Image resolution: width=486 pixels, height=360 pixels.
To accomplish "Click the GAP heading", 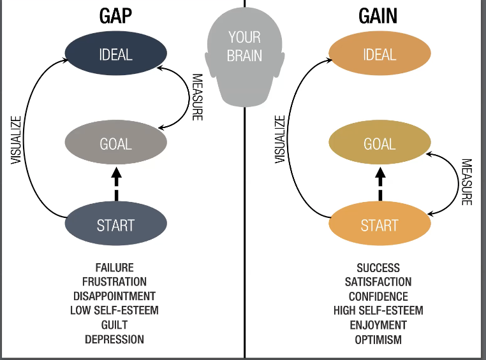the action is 115,16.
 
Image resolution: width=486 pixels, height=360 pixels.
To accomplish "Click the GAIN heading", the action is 378,16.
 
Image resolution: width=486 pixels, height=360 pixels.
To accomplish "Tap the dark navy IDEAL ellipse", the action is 116,54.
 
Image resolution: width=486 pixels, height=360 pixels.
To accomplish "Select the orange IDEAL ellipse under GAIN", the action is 379,54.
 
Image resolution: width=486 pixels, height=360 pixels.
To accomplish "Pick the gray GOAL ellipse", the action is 116,142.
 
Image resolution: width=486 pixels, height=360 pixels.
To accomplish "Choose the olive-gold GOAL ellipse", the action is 379,142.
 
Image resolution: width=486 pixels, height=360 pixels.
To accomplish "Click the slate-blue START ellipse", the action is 116,224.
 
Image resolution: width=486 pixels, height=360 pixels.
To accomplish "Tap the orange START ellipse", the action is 379,224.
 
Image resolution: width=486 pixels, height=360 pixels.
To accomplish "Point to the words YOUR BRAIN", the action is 244,47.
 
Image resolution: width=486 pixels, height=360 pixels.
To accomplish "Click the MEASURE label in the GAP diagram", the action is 198,97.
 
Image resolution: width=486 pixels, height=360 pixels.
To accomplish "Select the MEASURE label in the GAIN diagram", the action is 467,182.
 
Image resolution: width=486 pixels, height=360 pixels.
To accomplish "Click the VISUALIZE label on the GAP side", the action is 16,140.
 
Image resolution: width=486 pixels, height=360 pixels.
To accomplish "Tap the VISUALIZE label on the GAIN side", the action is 280,140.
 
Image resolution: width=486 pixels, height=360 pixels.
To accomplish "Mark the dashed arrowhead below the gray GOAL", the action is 116,173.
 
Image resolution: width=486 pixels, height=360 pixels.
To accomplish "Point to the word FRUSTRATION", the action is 114,282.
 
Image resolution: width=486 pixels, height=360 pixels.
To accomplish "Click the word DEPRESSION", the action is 114,339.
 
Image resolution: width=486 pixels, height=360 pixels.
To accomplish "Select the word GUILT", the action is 114,325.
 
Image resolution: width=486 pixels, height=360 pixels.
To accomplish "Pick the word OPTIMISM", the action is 378,340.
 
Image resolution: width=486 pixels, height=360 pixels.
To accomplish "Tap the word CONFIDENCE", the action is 378,296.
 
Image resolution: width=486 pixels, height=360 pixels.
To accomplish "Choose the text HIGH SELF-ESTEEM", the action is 378,310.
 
